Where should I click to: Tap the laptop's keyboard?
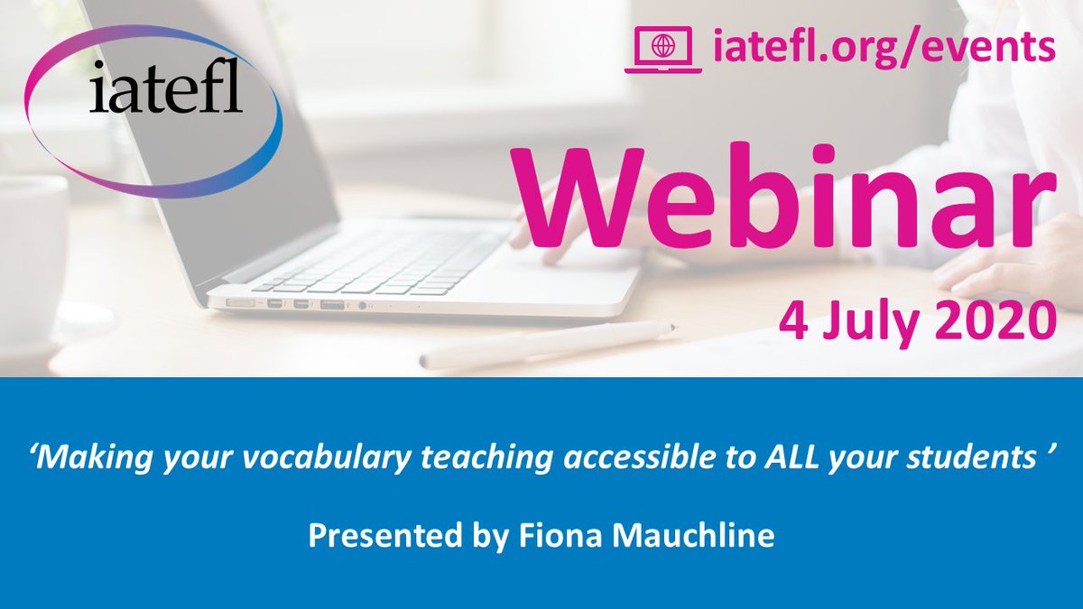click(379, 262)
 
